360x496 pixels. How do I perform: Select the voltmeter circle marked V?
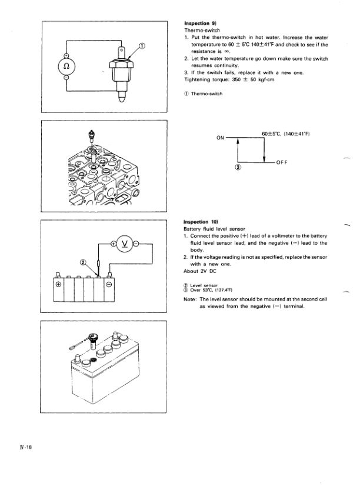[x=125, y=243]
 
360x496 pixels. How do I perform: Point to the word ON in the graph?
[x=221, y=138]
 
